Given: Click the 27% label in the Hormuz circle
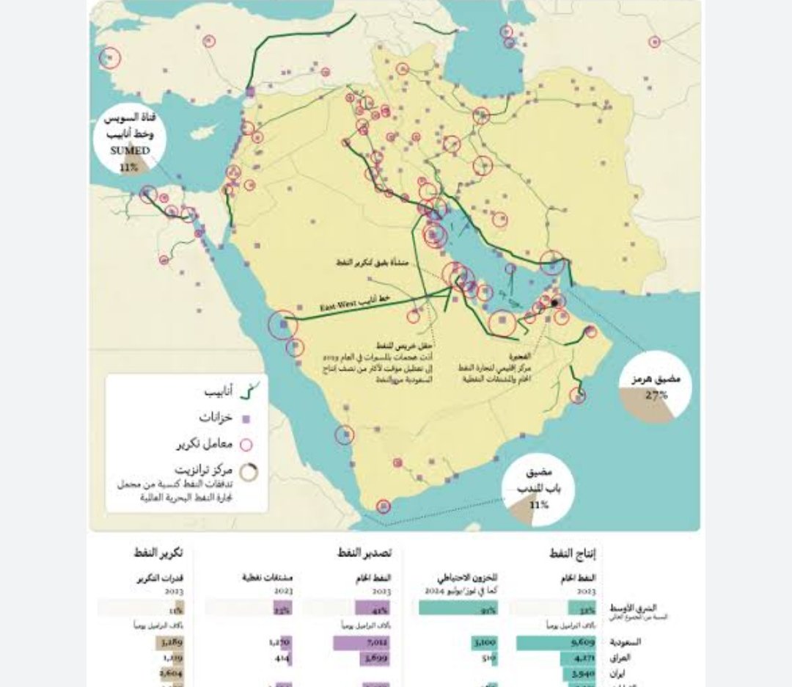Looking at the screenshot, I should click(x=656, y=395).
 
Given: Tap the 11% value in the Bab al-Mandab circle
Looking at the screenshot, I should click(x=539, y=505).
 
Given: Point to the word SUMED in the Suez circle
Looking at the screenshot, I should click(x=129, y=150).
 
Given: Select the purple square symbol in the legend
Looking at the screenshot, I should click(x=246, y=419).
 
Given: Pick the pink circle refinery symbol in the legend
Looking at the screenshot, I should click(x=246, y=444).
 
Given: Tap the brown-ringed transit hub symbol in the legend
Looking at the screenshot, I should click(x=250, y=473).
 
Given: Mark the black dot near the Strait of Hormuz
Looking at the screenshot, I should click(x=554, y=302).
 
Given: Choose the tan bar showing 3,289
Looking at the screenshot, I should click(x=171, y=643).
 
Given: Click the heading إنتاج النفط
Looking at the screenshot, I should click(x=573, y=553).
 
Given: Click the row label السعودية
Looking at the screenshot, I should click(x=626, y=642).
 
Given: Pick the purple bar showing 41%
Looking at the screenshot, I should click(x=373, y=608).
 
